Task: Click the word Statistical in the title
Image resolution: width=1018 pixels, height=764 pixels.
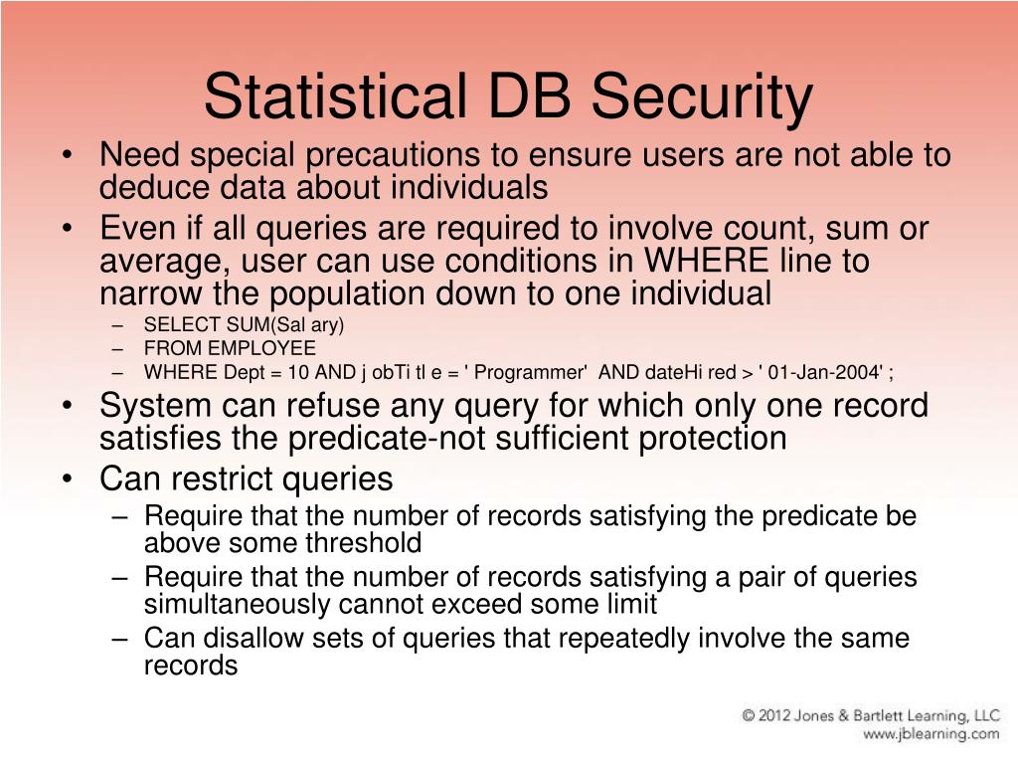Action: [333, 97]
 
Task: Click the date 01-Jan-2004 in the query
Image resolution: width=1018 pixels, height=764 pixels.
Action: [822, 373]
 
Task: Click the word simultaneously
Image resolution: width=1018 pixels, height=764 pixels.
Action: [239, 604]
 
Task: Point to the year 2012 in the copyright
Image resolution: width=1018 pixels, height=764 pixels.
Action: [783, 715]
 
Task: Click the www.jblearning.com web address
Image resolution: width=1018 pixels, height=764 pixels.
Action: [931, 735]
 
